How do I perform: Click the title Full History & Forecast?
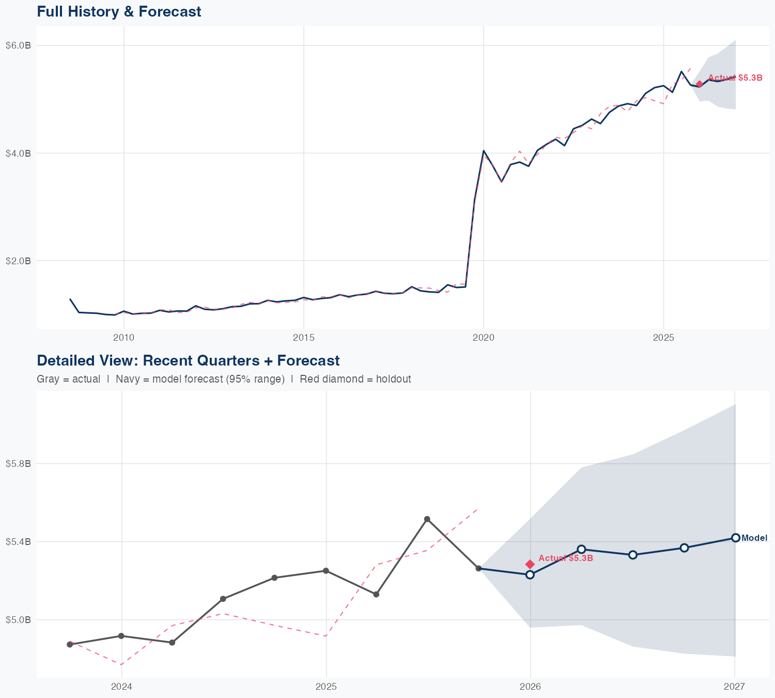[x=119, y=11]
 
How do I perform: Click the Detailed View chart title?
[x=188, y=360]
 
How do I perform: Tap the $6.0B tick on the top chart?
[x=19, y=45]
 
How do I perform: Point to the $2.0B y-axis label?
[x=19, y=261]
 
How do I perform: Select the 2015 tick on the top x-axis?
[x=303, y=338]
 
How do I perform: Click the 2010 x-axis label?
[x=123, y=338]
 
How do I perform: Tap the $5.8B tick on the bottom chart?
[x=19, y=464]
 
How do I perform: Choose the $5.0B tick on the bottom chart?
[x=19, y=619]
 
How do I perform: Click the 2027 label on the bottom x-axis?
[x=734, y=687]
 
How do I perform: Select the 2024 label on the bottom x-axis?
[x=122, y=687]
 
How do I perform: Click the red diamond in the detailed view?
[x=530, y=564]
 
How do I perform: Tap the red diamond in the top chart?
[x=700, y=84]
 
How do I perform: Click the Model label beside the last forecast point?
[x=754, y=538]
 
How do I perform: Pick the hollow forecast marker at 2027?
[x=736, y=538]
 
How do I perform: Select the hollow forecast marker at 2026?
[x=530, y=574]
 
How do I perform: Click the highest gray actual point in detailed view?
[x=427, y=519]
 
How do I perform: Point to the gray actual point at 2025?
[x=326, y=571]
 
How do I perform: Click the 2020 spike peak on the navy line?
[x=484, y=150]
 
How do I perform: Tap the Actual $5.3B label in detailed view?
[x=565, y=558]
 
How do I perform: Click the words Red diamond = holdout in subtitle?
[x=355, y=379]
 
